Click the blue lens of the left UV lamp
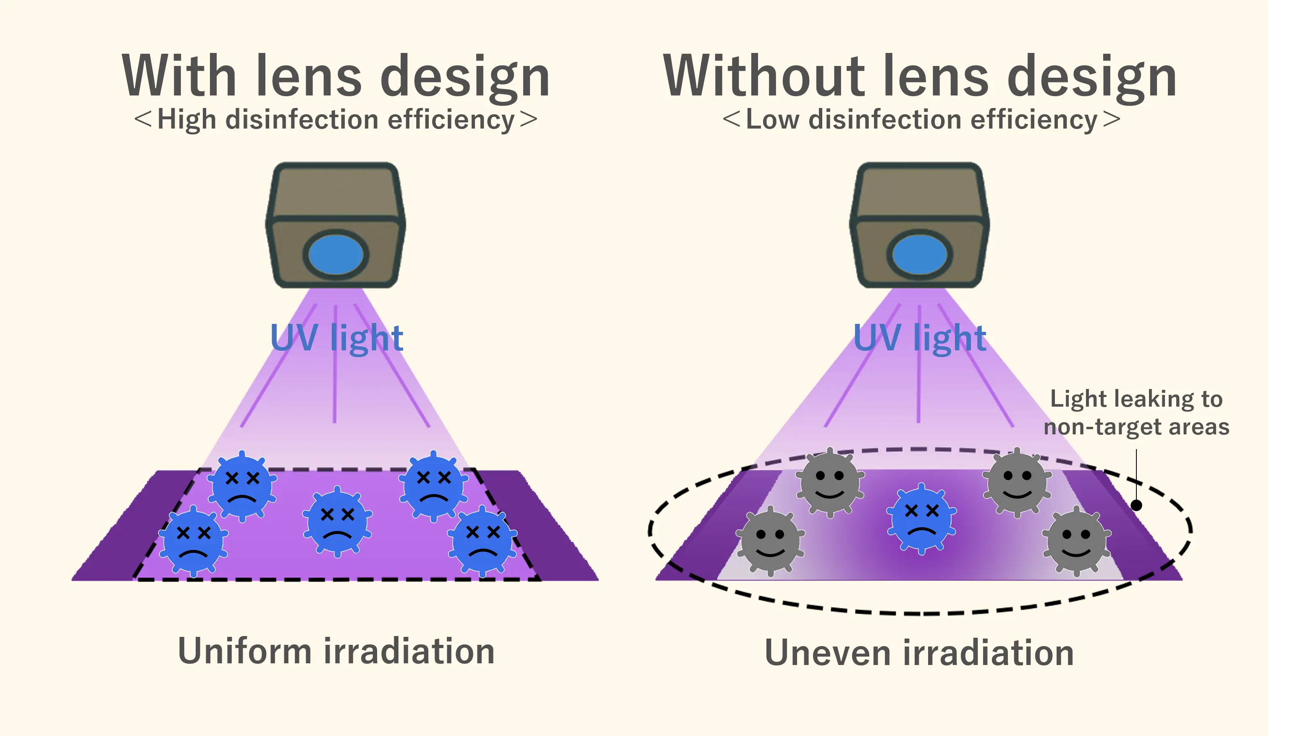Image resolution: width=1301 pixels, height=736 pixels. pos(336,254)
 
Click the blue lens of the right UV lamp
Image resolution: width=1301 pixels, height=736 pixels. pos(920,254)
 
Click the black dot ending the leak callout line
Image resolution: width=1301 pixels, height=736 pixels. pos(1136,505)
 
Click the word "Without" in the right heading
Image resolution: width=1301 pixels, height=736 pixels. pos(763,77)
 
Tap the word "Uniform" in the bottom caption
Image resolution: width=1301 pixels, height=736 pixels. pos(244,651)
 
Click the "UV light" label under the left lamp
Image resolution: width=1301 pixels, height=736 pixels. pos(336,338)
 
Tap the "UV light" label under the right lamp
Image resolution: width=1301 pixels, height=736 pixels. pos(920,338)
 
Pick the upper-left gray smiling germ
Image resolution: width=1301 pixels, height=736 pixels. pos(829,482)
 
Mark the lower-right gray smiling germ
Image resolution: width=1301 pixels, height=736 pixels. pos(1076,541)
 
